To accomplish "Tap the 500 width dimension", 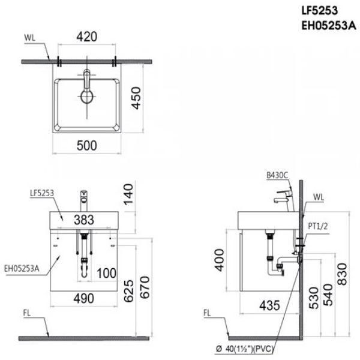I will click(x=86, y=145).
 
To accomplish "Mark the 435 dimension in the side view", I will click(x=270, y=304).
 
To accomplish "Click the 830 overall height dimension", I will click(x=341, y=274).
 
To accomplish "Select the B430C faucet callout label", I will click(x=277, y=175).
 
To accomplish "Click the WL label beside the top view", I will click(x=29, y=37).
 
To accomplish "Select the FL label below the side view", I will click(x=206, y=313).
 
